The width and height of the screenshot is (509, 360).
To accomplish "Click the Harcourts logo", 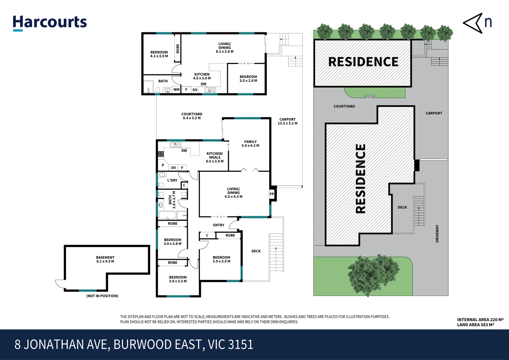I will coord(50,23).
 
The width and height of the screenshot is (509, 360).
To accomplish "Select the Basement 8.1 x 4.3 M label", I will coord(105,259).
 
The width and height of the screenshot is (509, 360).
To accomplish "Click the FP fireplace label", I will coord(272,194).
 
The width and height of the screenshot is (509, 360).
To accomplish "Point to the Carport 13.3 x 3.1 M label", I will coord(288,121).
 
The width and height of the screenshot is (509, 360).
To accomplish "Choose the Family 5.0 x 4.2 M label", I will coord(250,144).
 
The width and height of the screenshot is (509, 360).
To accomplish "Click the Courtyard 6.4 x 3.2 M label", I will coord(192,116).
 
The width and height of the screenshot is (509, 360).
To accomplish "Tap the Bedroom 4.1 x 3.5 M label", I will coord(159,54).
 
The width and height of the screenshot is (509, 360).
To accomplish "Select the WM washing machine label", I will coord(176,90).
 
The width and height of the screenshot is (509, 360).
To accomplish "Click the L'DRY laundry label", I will coord(172,180).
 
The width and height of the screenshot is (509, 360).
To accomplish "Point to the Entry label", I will coord(218,225).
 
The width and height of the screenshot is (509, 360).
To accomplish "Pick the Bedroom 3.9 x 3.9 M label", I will coord(221,259).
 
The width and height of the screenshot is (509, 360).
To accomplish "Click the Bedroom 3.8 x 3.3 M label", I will coord(178,279).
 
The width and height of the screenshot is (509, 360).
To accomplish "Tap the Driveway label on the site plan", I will coord(437,233).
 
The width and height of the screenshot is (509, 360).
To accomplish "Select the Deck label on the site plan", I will coord(402,207).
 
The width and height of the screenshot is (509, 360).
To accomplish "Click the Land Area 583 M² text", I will coord(475,325).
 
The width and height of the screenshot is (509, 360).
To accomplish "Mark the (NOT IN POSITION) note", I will coord(102,296).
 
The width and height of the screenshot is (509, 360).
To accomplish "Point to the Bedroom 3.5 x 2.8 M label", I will coord(248,79).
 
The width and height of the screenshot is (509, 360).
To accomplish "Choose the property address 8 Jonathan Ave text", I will coord(134,344).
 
